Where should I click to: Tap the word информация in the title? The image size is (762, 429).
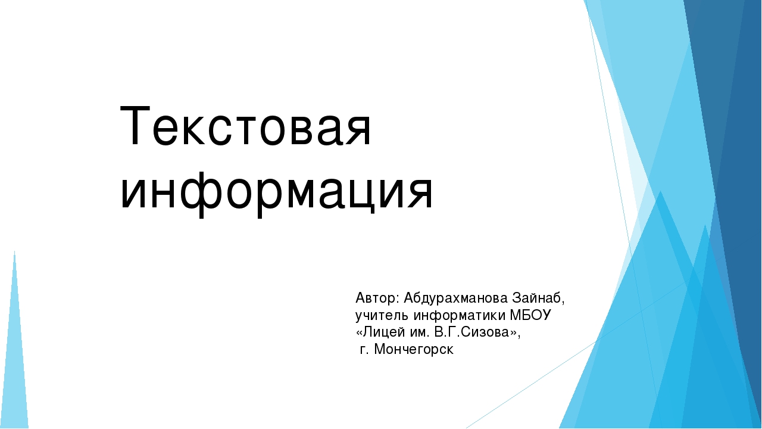pos(277,194)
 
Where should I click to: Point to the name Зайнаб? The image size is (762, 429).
pos(536,299)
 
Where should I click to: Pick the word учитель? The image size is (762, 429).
pos(382,316)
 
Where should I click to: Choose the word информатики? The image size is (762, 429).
pos(460,316)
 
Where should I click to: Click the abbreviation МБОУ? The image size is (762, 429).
pos(530,315)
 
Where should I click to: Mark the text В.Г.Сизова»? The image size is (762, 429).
pos(476,332)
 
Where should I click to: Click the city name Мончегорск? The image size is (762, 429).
pos(414,350)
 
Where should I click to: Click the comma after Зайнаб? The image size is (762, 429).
pos(563,303)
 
